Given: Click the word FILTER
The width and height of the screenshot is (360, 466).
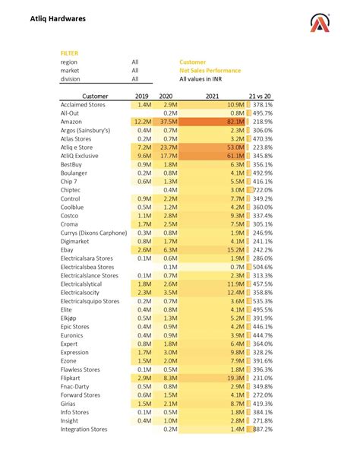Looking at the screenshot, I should [68, 52].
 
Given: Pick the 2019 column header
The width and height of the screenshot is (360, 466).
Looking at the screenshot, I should [142, 97].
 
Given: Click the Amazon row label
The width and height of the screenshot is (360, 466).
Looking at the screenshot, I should [74, 122].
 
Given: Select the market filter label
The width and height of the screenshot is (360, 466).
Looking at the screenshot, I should [71, 70].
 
